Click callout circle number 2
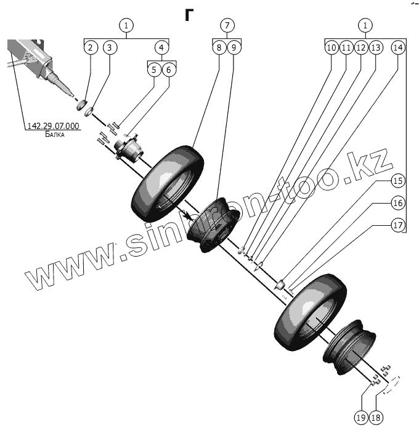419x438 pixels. point(91,48)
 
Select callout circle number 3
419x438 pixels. point(110,48)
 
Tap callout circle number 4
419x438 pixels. point(161,48)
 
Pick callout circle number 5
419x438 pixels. point(153,70)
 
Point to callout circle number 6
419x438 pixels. point(169,70)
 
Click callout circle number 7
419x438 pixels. point(227,26)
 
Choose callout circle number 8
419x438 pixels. point(219,48)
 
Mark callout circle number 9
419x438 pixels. point(234,48)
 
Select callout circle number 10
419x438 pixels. point(332,48)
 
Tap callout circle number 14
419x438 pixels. point(397,48)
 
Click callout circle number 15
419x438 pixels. point(397,181)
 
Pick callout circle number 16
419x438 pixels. point(397,203)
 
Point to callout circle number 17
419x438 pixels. point(397,225)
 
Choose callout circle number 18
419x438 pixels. point(376,418)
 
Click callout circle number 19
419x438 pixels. point(361,418)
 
